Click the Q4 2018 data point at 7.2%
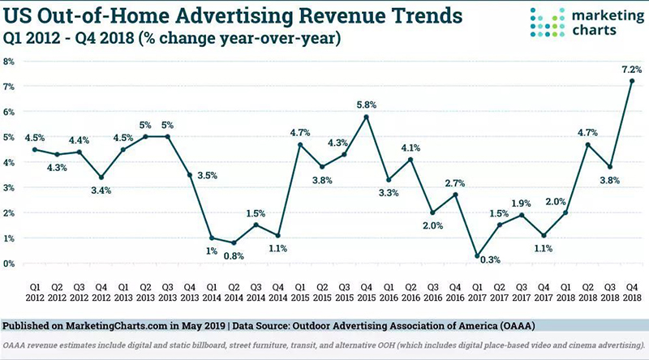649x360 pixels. coord(631,80)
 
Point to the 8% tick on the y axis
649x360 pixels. coord(9,62)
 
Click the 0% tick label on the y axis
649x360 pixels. coord(9,264)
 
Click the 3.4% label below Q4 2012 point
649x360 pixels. coord(101,191)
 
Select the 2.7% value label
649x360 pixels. coord(455,183)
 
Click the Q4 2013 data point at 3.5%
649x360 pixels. coord(189,174)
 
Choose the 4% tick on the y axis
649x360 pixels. coord(9,162)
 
